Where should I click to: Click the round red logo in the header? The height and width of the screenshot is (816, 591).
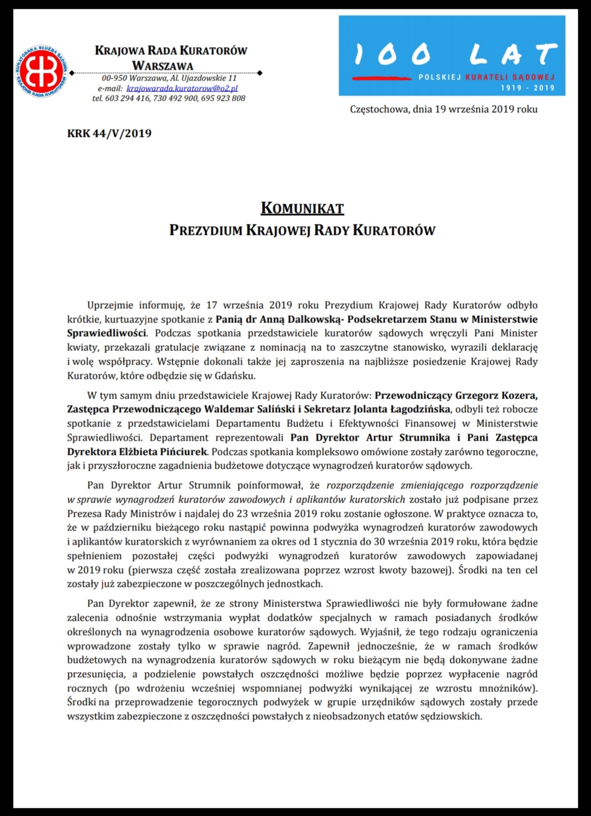click(x=40, y=71)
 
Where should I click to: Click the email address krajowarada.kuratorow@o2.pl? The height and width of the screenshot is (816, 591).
click(x=182, y=88)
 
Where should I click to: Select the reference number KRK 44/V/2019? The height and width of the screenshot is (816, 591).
click(x=109, y=134)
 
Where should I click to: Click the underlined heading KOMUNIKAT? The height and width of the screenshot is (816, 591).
click(x=302, y=209)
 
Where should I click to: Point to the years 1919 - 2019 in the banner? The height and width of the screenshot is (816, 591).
click(x=528, y=88)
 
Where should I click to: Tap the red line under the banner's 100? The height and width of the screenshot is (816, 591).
click(x=381, y=78)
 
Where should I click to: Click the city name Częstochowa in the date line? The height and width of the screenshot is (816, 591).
click(x=379, y=109)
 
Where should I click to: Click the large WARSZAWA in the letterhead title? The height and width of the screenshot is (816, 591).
click(x=163, y=66)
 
